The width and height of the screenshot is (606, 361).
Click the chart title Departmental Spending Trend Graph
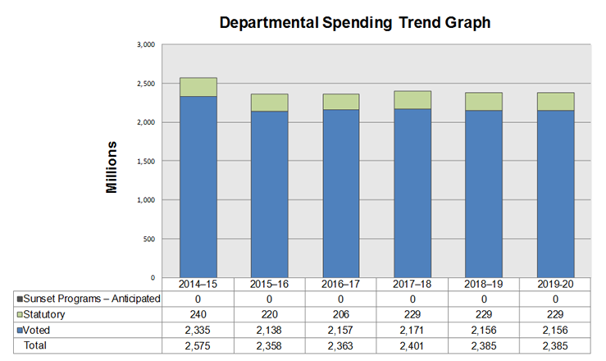point(355,22)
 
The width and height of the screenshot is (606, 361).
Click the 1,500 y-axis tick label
point(145,161)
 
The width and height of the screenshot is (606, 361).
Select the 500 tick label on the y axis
point(148,239)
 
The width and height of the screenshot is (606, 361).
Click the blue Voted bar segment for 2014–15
point(198,186)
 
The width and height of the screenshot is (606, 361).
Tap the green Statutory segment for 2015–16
point(270,103)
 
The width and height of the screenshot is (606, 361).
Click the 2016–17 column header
point(340,284)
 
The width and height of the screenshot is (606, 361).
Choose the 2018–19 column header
point(483,284)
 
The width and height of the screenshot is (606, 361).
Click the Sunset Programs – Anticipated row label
point(90,299)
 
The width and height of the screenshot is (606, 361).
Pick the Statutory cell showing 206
point(340,314)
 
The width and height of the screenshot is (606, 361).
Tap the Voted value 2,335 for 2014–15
point(198,330)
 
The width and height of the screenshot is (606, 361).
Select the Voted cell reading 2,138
point(270,330)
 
